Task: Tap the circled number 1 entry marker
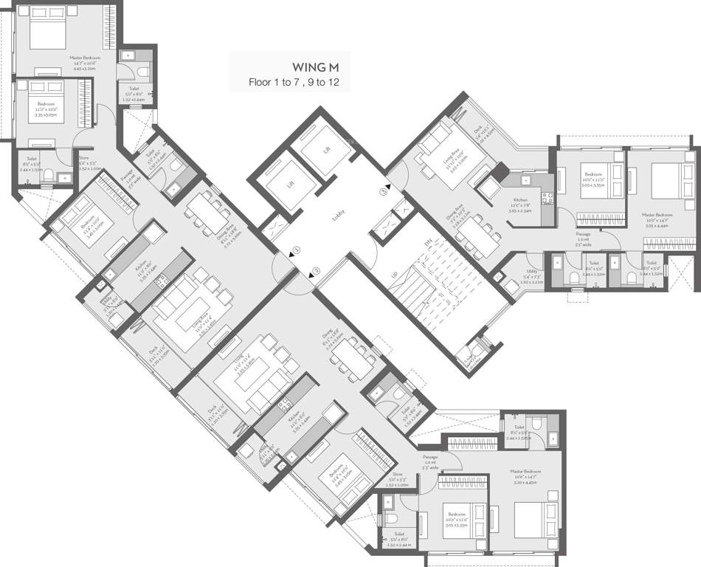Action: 295,250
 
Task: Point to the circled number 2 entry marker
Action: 314,270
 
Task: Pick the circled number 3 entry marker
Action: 383,192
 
